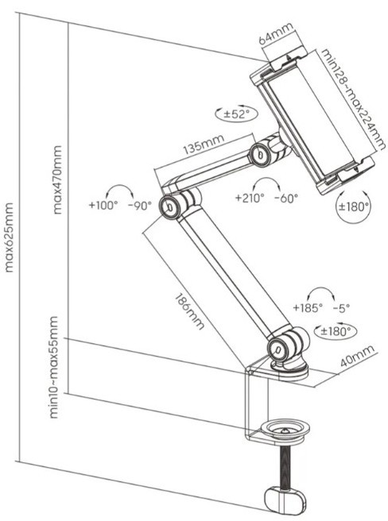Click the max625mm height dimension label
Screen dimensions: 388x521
point(9,237)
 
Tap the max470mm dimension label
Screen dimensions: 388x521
point(57,179)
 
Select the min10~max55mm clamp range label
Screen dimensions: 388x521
point(53,368)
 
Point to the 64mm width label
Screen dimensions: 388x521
point(276,33)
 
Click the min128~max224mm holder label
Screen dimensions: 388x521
point(353,99)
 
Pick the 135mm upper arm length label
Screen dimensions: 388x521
point(204,145)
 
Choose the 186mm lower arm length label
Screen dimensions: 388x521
point(189,311)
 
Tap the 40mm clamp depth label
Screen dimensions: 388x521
point(357,355)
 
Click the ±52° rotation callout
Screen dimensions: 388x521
point(237,114)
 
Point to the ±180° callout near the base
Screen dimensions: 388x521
point(336,330)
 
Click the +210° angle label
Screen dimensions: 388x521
point(250,198)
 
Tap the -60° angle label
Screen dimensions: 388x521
point(286,199)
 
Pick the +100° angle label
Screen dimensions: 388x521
point(103,205)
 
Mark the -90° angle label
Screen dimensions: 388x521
point(140,206)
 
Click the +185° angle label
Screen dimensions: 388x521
point(308,307)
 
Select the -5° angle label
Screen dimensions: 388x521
point(342,308)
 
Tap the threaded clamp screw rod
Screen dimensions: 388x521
point(285,468)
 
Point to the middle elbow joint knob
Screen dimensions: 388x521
point(169,206)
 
